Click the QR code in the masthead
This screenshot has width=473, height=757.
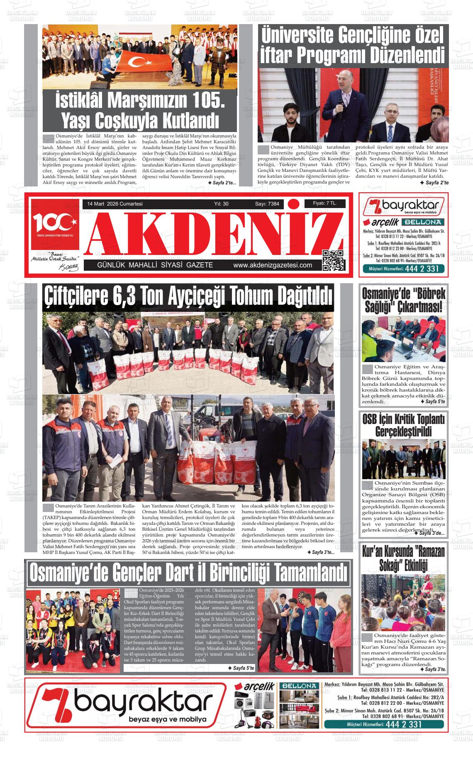pos(334,260)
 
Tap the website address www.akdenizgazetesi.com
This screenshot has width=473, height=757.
pos(273,265)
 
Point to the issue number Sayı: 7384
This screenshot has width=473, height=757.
pos(267,204)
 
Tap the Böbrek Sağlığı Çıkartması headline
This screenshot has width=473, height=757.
pos(403,300)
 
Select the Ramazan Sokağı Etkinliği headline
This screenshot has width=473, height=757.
pos(403,558)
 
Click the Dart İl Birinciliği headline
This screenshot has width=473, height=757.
pos(188,573)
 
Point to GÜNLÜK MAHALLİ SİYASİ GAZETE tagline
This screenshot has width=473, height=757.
pos(155,265)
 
